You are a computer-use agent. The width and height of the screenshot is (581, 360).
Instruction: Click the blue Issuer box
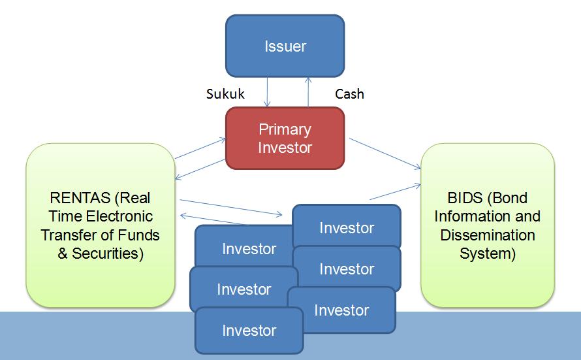(x=285, y=46)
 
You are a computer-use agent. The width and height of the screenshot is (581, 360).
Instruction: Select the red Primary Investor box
(x=285, y=138)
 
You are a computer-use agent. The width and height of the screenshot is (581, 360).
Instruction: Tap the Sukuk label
(x=225, y=94)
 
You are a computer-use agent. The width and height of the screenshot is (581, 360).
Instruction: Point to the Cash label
(x=349, y=94)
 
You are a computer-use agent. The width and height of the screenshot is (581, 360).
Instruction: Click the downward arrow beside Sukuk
(x=266, y=91)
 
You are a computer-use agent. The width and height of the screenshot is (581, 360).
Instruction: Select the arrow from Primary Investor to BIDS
(x=385, y=154)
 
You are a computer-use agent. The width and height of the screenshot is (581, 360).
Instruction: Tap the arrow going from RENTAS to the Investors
(x=232, y=206)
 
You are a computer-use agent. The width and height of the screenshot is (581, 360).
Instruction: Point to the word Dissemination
(x=488, y=235)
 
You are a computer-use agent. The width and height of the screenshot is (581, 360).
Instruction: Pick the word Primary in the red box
(x=285, y=129)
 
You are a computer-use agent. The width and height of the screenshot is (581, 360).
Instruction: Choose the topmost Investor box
(x=346, y=228)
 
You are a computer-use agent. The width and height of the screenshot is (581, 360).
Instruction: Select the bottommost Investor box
(x=249, y=331)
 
